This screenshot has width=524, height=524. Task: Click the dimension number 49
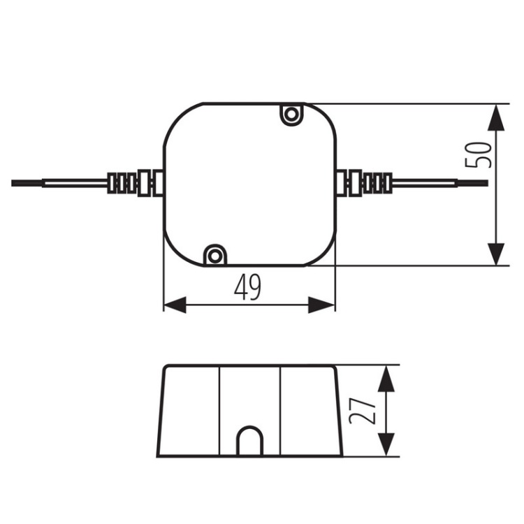[247, 287]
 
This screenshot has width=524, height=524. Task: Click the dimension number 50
[478, 154]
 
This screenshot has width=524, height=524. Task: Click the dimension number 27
[362, 410]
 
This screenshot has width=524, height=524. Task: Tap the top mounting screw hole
[291, 115]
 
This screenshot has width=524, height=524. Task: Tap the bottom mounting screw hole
[215, 256]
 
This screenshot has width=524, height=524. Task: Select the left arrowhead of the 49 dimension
[175, 305]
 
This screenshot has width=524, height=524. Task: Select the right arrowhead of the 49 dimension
[321, 305]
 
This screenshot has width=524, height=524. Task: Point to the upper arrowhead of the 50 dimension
[496, 117]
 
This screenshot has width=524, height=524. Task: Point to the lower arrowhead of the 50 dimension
[496, 254]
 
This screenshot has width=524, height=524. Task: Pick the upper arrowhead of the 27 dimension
[386, 378]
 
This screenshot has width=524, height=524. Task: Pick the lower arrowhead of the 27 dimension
[386, 444]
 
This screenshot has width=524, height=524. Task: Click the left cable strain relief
[135, 183]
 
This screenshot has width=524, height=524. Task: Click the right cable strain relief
[364, 183]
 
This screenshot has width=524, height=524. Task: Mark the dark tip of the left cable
[27, 183]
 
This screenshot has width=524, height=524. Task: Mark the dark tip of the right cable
[472, 183]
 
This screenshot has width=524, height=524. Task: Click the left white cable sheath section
[75, 183]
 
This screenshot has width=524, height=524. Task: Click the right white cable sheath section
[425, 183]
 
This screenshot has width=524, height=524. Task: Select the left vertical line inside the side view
[219, 411]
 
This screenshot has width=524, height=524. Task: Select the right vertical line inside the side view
[280, 411]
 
